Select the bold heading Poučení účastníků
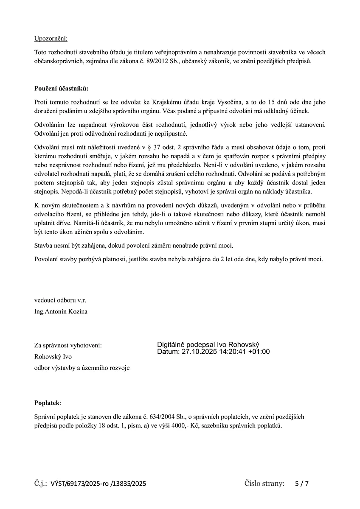(x=61, y=88)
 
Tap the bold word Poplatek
(x=48, y=403)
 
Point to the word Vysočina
(x=228, y=102)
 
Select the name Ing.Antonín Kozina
(x=61, y=311)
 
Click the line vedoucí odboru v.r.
(x=60, y=300)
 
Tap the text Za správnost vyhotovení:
(x=68, y=345)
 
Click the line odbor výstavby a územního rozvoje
(x=82, y=368)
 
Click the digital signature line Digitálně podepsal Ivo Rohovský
(x=208, y=345)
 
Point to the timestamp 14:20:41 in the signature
(x=230, y=352)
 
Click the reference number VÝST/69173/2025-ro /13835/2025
(x=98, y=483)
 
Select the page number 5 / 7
(x=302, y=483)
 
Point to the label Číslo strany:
(x=264, y=483)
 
